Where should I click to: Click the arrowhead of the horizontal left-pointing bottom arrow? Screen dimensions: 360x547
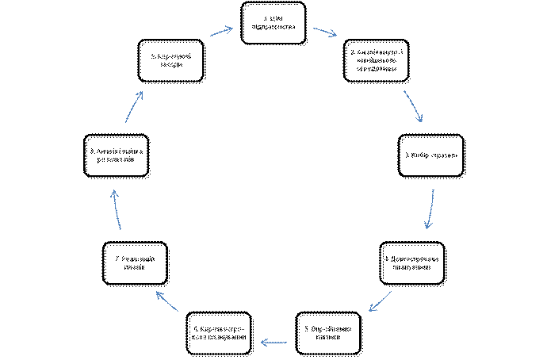point(262,343)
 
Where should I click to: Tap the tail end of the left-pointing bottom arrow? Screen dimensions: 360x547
point(286,343)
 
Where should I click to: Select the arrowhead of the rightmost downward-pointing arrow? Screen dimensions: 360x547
point(427,228)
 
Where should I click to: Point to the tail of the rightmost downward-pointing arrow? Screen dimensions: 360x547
point(434,190)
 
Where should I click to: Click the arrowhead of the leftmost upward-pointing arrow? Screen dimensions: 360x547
point(114,190)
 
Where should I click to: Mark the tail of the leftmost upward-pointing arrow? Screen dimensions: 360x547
point(120,229)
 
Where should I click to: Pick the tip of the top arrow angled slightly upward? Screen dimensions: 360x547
point(232,29)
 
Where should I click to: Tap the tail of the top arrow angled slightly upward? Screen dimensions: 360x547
point(210,36)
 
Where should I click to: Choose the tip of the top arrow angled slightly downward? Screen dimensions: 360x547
point(337,35)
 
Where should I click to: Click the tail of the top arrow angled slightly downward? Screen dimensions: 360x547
point(314,29)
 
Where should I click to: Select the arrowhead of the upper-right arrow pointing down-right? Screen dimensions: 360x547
point(422,122)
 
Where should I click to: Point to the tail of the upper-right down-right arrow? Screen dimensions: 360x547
point(404,91)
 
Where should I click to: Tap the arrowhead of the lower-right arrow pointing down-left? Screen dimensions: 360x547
point(369,311)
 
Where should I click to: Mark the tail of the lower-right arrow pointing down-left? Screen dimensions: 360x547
point(391,292)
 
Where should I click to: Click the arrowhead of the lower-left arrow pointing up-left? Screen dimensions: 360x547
point(157,292)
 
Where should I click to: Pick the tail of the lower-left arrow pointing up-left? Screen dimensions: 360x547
point(178,311)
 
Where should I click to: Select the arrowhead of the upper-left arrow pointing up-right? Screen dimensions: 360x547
point(142,92)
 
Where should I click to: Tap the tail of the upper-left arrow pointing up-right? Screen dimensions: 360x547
point(125,122)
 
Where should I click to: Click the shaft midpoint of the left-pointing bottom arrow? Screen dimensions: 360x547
point(274,343)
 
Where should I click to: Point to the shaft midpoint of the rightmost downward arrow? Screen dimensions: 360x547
point(432,209)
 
